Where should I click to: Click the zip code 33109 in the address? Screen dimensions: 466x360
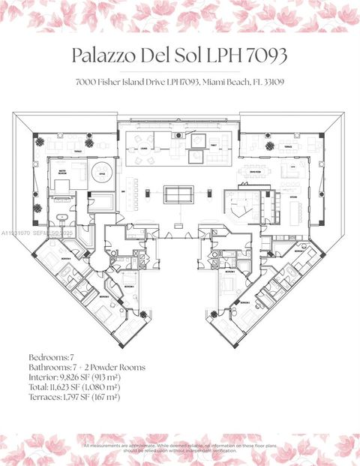pyautogui.click(x=271, y=81)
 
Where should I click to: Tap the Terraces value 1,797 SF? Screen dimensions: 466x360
pyautogui.click(x=78, y=396)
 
